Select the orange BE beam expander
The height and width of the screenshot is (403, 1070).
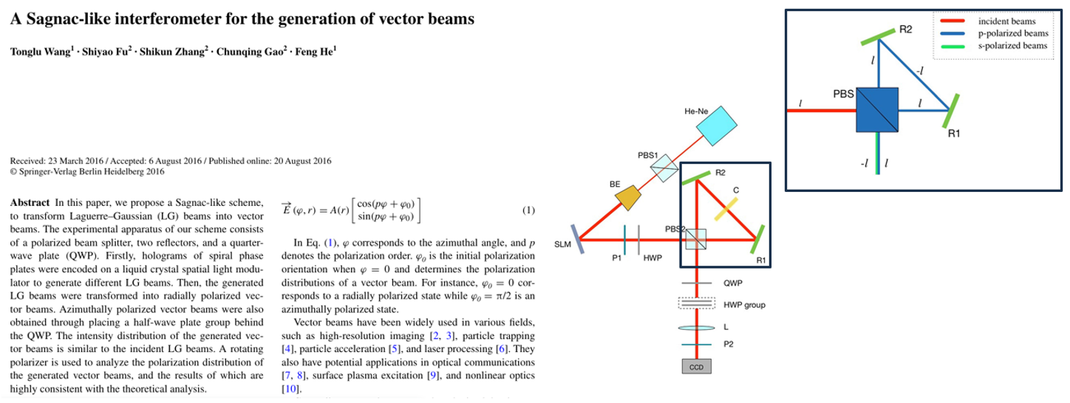coord(628,196)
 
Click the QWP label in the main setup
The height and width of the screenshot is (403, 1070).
coord(733,283)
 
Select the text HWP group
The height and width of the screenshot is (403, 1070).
coord(744,305)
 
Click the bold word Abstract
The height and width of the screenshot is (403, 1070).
coord(30,202)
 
